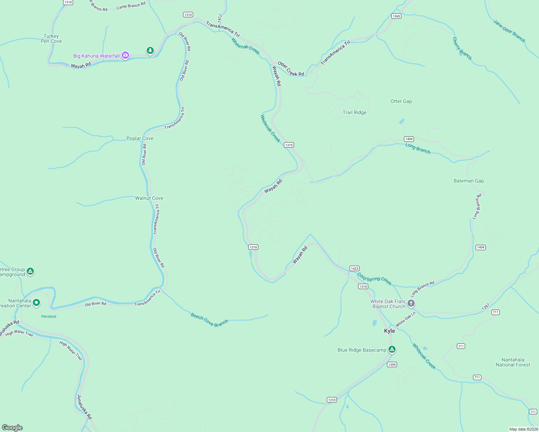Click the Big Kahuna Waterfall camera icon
pyautogui.click(x=125, y=55)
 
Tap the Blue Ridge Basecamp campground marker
pyautogui.click(x=392, y=350)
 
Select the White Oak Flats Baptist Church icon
pyautogui.click(x=411, y=303)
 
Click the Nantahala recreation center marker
pyautogui.click(x=36, y=303)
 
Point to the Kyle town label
pyautogui.click(x=389, y=331)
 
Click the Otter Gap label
pyautogui.click(x=401, y=102)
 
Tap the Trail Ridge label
pyautogui.click(x=355, y=112)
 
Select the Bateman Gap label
pyautogui.click(x=468, y=181)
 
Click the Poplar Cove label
pyautogui.click(x=140, y=138)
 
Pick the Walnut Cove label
pyautogui.click(x=149, y=198)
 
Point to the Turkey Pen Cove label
pyautogui.click(x=51, y=39)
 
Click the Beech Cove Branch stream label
pyautogui.click(x=209, y=320)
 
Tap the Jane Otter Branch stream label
pyautogui.click(x=509, y=31)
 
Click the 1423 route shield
pyautogui.click(x=354, y=269)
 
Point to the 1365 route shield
pyautogui.click(x=396, y=16)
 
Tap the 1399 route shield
pyautogui.click(x=392, y=365)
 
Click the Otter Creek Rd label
pyautogui.click(x=291, y=69)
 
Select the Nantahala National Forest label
pyautogui.click(x=513, y=362)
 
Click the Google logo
pyautogui.click(x=12, y=427)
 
